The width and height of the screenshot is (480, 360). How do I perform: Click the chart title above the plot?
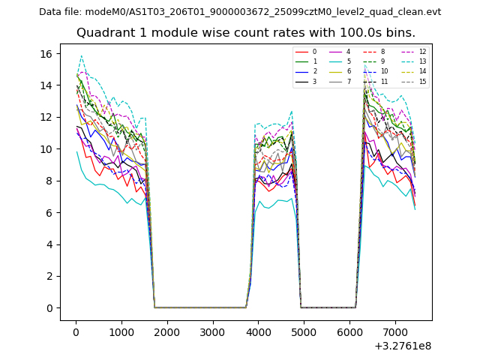pyautogui.click(x=245, y=33)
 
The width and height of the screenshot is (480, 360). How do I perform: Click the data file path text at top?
pyautogui.click(x=240, y=12)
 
